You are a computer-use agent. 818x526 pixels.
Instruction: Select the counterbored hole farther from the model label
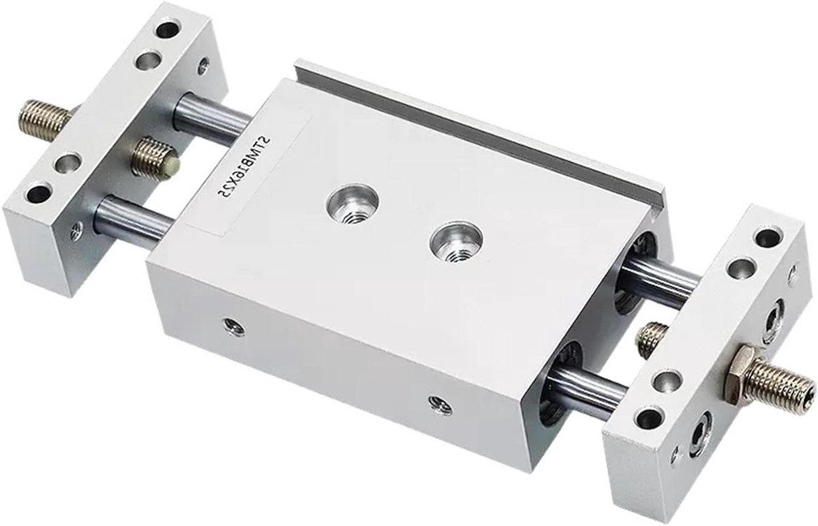[x=456, y=243]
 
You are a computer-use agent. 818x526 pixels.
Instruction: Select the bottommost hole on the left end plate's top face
[x=37, y=194]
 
